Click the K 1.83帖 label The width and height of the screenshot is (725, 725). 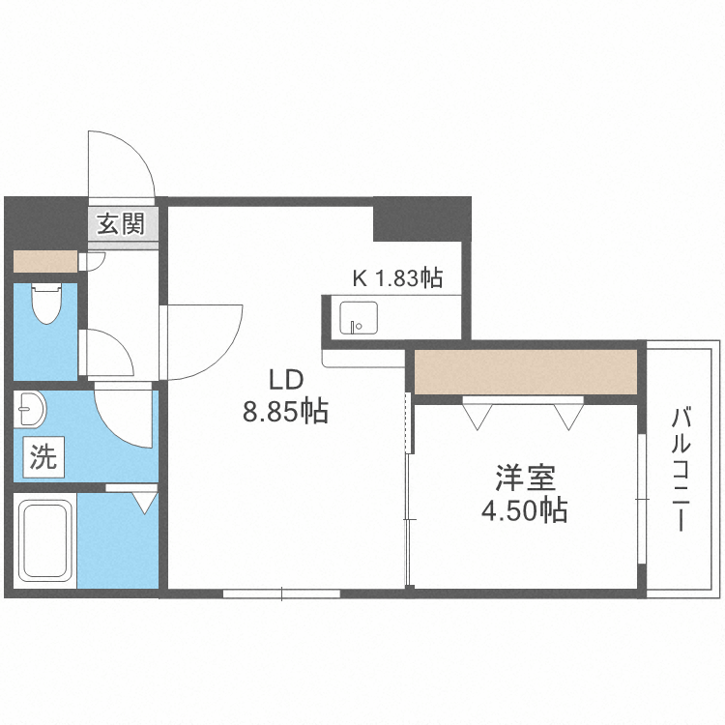(396, 279)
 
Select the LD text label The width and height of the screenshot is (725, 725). (285, 378)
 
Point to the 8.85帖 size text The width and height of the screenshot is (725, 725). (285, 413)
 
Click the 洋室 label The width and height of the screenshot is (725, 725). (525, 477)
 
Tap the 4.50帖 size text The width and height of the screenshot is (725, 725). (525, 510)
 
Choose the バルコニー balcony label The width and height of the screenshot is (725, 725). (681, 469)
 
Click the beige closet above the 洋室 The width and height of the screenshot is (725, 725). (526, 372)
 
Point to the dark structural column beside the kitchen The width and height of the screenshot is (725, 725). (420, 219)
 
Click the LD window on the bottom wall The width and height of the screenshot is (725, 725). (281, 594)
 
